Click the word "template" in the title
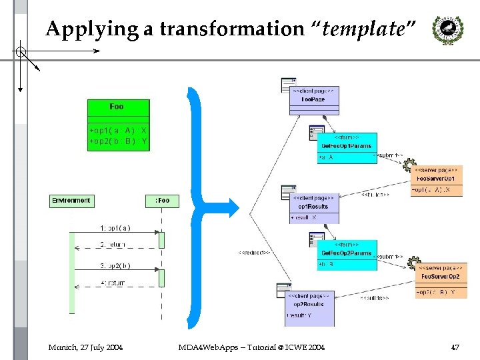tap(365, 29)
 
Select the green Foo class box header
tap(118, 107)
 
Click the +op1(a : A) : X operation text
tap(118, 131)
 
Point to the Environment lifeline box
tap(70, 200)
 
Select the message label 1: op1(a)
tap(115, 228)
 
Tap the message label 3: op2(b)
tap(115, 265)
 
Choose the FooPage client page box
tap(314, 97)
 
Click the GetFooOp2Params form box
tap(347, 255)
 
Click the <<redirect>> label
tap(254, 253)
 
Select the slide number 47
tap(455, 347)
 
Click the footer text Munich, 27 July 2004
tap(85, 347)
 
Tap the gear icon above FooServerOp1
tap(409, 164)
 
